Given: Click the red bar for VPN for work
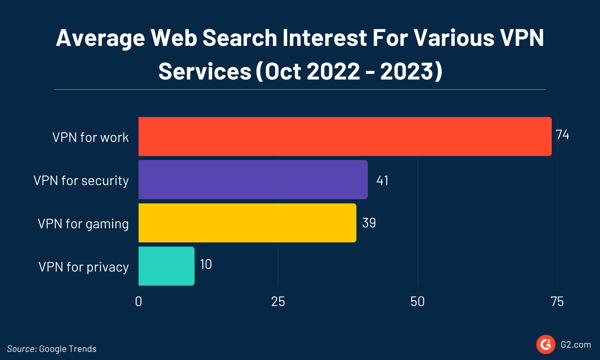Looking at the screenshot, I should [344, 137].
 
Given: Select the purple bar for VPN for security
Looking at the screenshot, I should [252, 180].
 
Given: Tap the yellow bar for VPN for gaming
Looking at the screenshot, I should [247, 223].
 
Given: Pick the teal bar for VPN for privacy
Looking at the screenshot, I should [166, 266].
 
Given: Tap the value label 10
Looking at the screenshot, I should [205, 266].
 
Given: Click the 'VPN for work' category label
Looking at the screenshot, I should [91, 137].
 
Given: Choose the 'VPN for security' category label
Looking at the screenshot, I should [81, 180].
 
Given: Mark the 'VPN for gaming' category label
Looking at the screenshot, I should [84, 223].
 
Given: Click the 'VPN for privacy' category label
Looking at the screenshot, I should [84, 266].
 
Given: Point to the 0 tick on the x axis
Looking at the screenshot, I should [138, 301].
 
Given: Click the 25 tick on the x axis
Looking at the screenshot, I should [278, 301].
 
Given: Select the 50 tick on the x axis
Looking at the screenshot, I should [417, 301].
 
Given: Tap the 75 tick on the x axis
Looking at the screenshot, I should [556, 301].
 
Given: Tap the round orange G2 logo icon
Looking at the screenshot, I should [546, 344].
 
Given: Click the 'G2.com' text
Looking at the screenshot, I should [576, 345].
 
